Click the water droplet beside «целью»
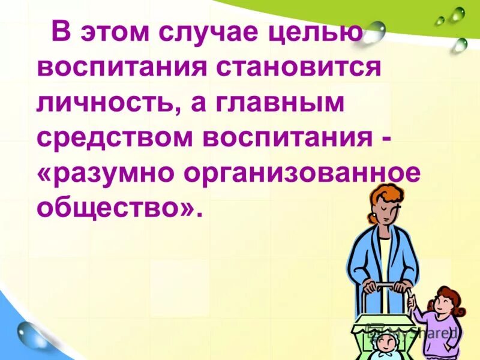[x=376, y=30]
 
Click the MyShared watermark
[x=420, y=332]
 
